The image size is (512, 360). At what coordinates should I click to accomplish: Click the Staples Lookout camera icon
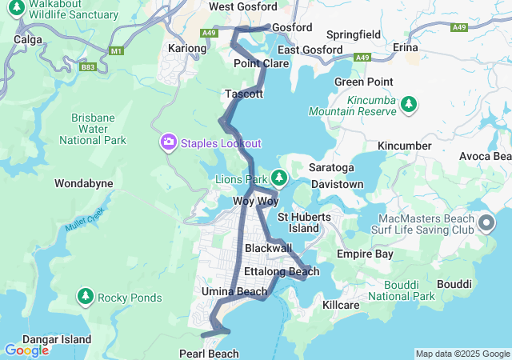169,142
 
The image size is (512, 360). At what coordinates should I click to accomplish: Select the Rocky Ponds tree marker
86,298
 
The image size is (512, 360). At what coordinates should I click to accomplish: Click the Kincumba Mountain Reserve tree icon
409,104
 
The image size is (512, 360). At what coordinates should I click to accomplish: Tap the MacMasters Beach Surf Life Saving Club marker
486,222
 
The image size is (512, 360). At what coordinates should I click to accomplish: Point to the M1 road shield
118,51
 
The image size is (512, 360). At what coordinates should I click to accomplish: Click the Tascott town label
244,94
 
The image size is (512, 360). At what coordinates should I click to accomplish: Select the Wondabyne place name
83,183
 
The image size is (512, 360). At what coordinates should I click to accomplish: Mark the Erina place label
406,48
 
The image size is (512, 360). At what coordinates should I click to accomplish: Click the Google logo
26,350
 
